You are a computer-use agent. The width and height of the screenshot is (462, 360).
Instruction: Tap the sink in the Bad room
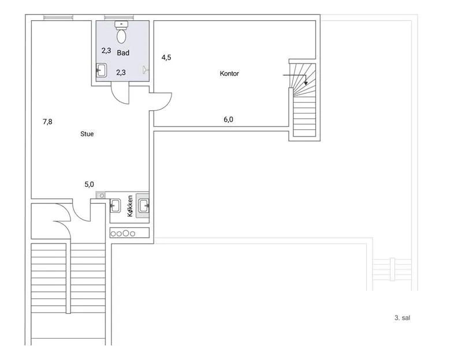(x=101, y=70)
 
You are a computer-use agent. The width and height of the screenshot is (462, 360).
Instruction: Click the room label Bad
(x=123, y=53)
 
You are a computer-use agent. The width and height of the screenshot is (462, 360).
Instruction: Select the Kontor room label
(x=229, y=73)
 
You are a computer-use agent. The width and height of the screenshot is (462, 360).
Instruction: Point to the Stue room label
(x=87, y=134)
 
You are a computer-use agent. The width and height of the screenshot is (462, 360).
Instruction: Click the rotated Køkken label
(x=130, y=206)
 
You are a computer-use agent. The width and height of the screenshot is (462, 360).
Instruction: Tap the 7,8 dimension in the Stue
(x=47, y=122)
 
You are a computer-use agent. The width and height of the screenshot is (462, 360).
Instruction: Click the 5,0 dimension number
(x=90, y=185)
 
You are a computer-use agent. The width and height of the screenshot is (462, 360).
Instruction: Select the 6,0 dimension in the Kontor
(x=228, y=119)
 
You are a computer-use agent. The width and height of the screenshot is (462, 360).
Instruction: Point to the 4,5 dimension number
(x=166, y=57)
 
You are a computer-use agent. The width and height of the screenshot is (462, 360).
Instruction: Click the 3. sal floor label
(x=402, y=318)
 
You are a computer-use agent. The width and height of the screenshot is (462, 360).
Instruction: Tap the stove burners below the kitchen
(x=123, y=234)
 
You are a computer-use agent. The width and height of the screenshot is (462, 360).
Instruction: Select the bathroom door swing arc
(x=120, y=93)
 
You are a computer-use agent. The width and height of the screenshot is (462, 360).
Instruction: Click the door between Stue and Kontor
(x=161, y=102)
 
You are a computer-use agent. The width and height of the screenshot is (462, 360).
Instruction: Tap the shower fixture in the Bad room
(x=146, y=70)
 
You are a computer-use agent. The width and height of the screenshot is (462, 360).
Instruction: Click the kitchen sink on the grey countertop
(x=144, y=205)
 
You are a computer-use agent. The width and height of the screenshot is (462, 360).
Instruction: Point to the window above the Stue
(x=58, y=17)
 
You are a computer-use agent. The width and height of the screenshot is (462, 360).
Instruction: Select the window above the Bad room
(x=119, y=17)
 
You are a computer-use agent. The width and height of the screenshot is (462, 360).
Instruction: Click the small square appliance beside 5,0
(x=100, y=195)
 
